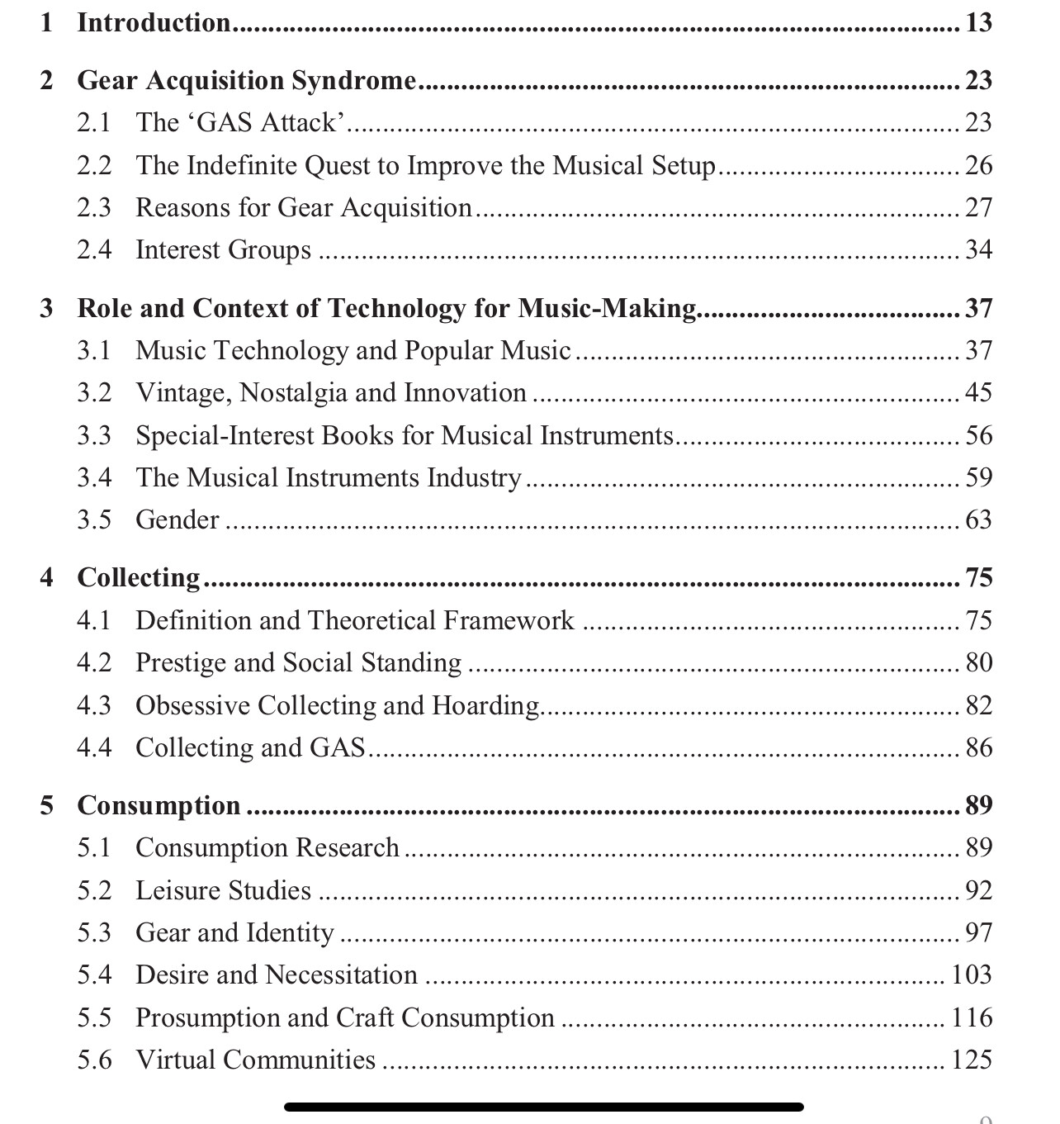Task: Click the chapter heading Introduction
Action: pyautogui.click(x=154, y=22)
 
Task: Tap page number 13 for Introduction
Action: pyautogui.click(x=978, y=22)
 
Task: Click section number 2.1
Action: pyautogui.click(x=94, y=122)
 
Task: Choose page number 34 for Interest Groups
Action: pyautogui.click(x=978, y=249)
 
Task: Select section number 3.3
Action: pyautogui.click(x=94, y=435)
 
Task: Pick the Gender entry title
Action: pyautogui.click(x=177, y=519)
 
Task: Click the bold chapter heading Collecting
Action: pyautogui.click(x=139, y=577)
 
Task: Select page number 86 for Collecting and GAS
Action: pyautogui.click(x=978, y=747)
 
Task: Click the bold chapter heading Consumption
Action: pyautogui.click(x=159, y=805)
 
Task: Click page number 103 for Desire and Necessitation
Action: pyautogui.click(x=971, y=975)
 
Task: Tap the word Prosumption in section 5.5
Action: pyautogui.click(x=207, y=1017)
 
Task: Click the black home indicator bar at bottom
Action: pyautogui.click(x=544, y=1107)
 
